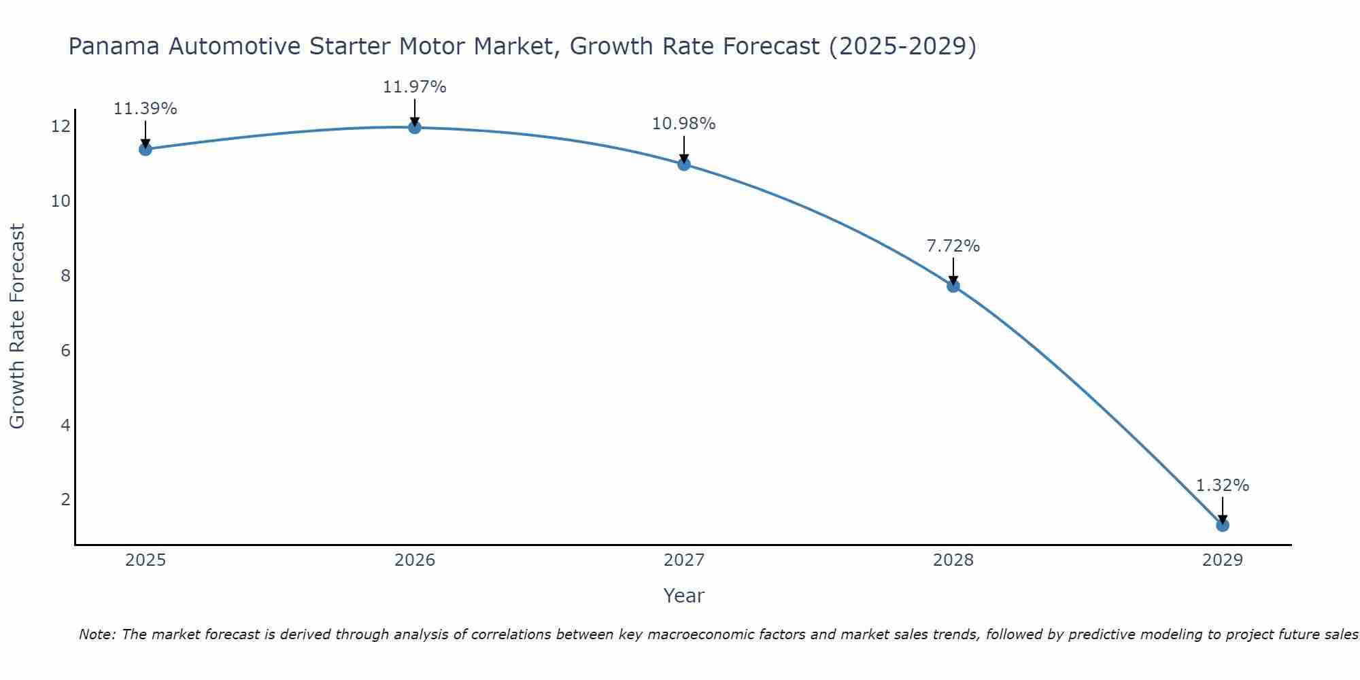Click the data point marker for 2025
click(x=145, y=149)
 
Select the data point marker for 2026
click(x=415, y=127)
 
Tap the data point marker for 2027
click(x=684, y=164)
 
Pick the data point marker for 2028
click(x=953, y=286)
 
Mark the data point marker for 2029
click(x=1223, y=525)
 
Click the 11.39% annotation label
click(x=145, y=109)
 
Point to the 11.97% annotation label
click(x=414, y=87)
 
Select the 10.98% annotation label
click(x=683, y=124)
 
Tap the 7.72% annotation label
click(x=953, y=246)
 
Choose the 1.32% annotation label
click(x=1223, y=486)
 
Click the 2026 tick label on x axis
click(x=415, y=560)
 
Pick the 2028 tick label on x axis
click(x=953, y=560)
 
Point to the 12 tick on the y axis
click(x=60, y=126)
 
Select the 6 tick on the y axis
click(x=65, y=350)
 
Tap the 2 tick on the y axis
click(x=65, y=500)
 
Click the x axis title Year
click(x=683, y=596)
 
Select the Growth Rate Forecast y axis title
click(x=17, y=326)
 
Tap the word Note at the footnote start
click(x=97, y=634)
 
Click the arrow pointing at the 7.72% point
click(x=953, y=271)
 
